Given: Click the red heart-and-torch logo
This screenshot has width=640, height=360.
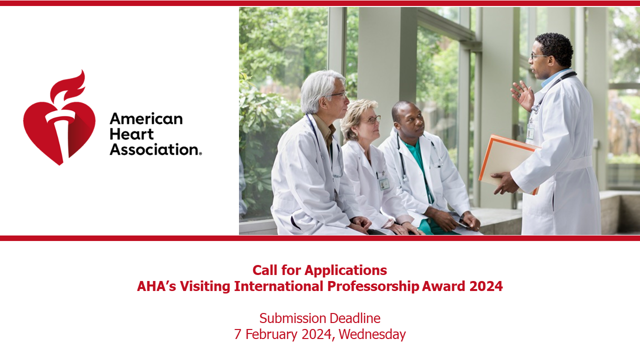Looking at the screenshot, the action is click(x=59, y=120).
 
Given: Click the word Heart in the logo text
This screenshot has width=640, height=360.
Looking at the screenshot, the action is click(x=131, y=134).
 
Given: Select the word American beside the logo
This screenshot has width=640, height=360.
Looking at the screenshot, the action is click(x=146, y=119).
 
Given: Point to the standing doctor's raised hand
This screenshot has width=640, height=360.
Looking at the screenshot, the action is click(x=522, y=95).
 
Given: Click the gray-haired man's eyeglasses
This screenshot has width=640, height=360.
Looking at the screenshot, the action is click(x=338, y=94).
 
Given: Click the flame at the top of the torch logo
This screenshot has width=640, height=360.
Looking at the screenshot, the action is click(x=68, y=85).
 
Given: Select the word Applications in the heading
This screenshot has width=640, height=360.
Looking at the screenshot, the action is click(x=345, y=270).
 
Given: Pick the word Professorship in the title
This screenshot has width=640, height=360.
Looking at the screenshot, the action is click(x=373, y=286).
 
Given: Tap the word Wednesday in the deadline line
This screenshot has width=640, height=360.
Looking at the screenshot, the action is click(x=372, y=334).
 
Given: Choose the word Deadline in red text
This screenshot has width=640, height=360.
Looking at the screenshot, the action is click(x=354, y=318).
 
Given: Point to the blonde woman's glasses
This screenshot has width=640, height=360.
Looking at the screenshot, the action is click(x=371, y=119).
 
